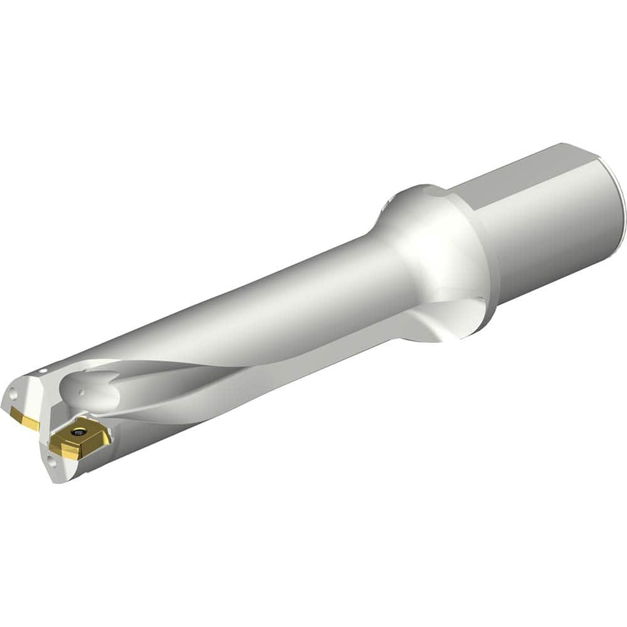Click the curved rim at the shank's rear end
(x=618, y=207)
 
